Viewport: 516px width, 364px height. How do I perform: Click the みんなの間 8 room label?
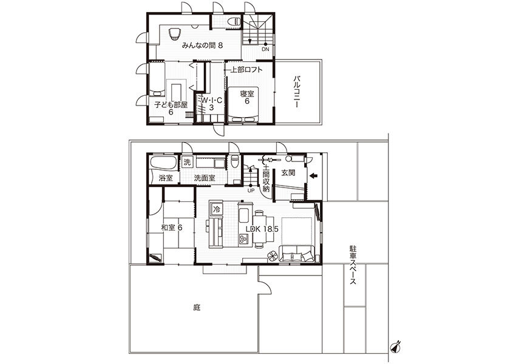[x=202, y=45]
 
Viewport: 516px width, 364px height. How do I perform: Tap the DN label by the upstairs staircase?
[x=265, y=50]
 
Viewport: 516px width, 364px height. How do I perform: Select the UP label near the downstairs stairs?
[x=251, y=190]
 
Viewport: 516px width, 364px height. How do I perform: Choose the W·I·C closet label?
[x=211, y=100]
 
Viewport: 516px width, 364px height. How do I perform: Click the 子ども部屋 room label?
[x=171, y=105]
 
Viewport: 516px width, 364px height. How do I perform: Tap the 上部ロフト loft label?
[x=246, y=70]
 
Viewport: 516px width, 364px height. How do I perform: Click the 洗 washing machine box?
[x=187, y=162]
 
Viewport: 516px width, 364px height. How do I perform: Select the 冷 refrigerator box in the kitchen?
[x=217, y=209]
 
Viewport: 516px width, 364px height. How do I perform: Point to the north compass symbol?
[x=395, y=346]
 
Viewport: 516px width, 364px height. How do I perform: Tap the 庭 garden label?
[x=197, y=308]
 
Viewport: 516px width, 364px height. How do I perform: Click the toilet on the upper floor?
[x=235, y=21]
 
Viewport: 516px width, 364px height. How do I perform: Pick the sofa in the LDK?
[x=297, y=254]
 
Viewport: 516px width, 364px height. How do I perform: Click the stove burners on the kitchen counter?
[x=243, y=238]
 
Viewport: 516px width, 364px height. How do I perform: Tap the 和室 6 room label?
[x=172, y=227]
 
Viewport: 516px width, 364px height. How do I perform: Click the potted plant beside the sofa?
[x=273, y=256]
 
